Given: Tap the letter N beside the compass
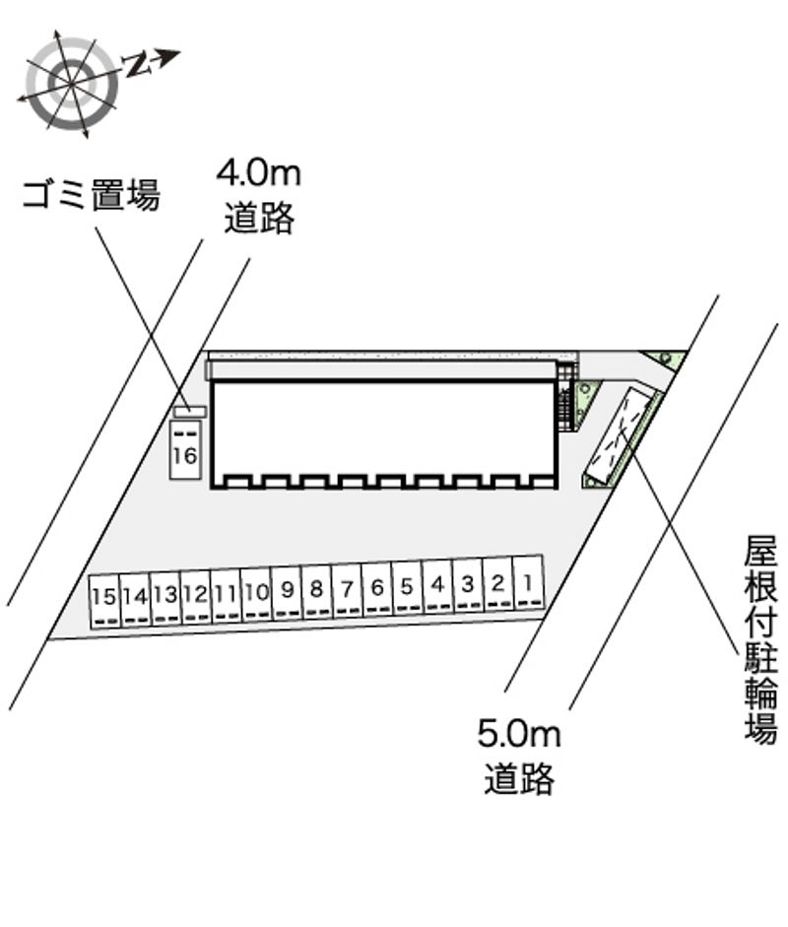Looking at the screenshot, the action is pos(140,65).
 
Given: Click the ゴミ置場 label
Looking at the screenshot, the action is pos(91,196).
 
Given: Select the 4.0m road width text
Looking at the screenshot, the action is pos(258,174).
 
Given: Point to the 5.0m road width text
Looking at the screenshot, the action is pos(518,733).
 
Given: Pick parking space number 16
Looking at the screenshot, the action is pos(185,452).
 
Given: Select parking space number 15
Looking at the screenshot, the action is pos(104,601).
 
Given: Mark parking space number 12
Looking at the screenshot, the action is pos(195,597).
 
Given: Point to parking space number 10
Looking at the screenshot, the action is pos(256,594).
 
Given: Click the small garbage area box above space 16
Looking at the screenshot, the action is pos(189,411).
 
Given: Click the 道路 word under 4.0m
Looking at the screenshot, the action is pos(258,218).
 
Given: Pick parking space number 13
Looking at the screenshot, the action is pos(164,599).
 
